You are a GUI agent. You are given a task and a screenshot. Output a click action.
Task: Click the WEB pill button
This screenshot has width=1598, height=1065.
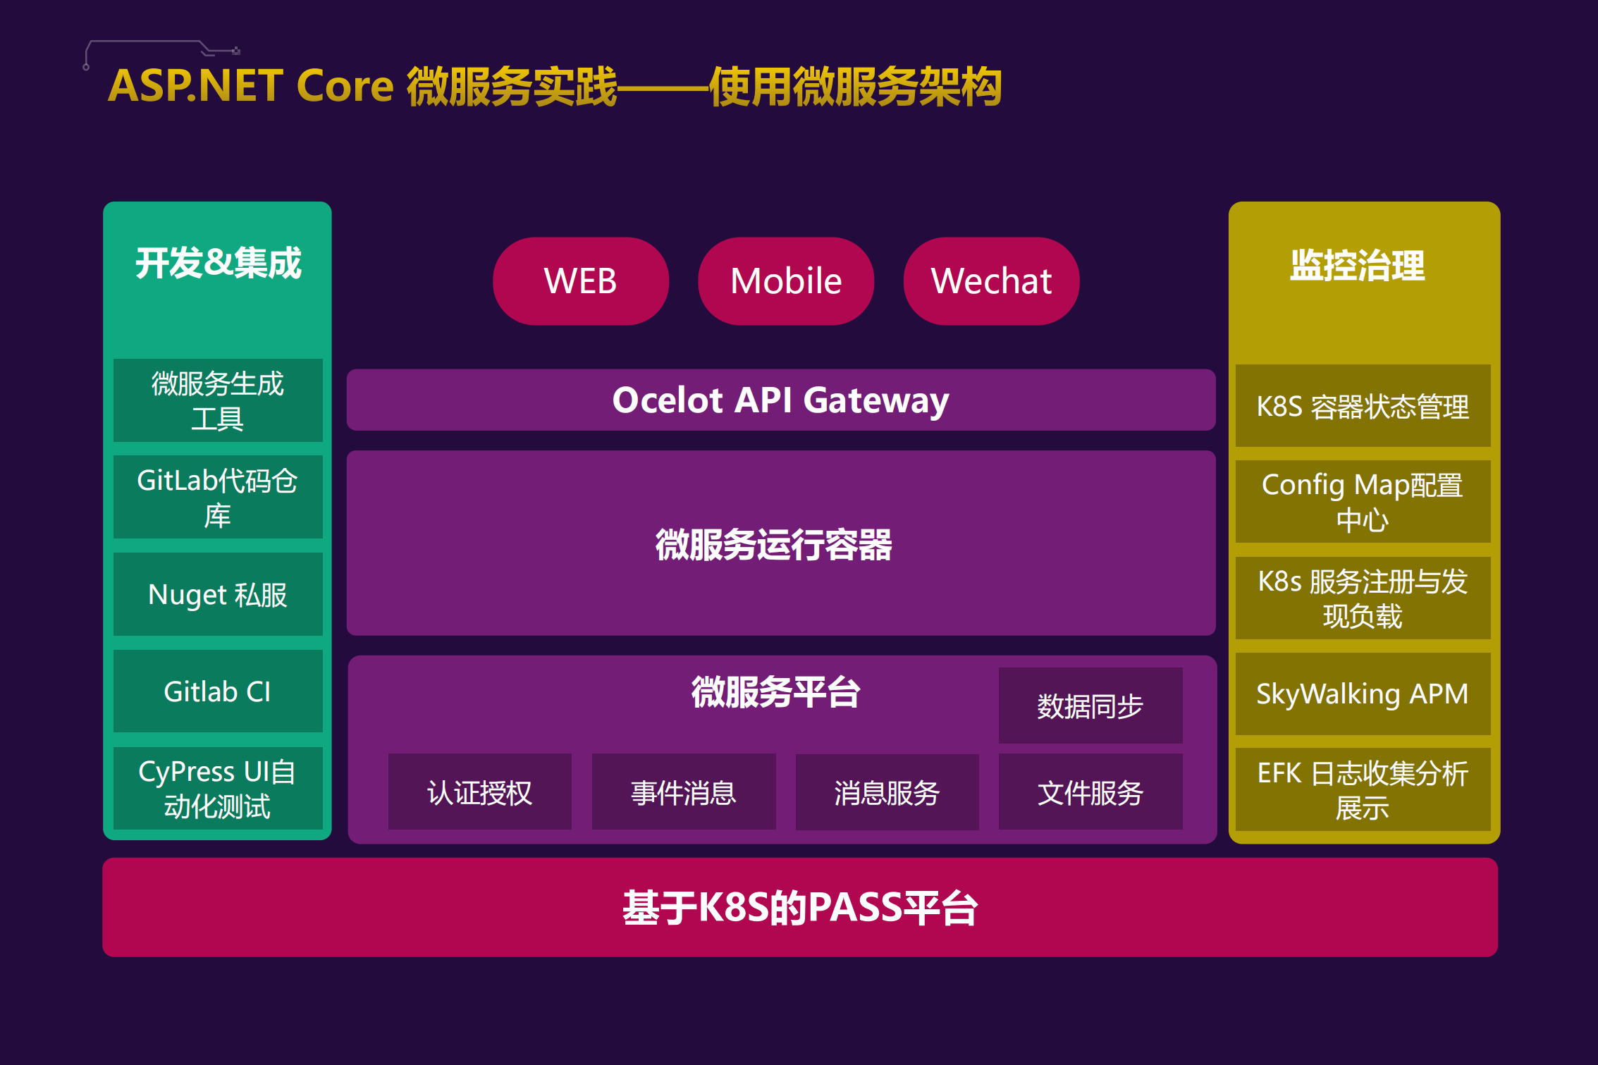[x=580, y=281]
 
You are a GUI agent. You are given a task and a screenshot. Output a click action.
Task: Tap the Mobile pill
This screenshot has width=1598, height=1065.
[x=786, y=281]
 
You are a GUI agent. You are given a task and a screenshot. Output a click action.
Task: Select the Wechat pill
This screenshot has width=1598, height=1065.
[x=991, y=281]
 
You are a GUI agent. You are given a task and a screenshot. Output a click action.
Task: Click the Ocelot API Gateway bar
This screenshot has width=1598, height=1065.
[x=780, y=400]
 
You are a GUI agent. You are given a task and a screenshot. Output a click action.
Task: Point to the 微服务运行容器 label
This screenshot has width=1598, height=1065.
[x=773, y=545]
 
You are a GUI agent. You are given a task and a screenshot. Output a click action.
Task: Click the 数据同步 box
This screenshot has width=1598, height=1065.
[x=1090, y=706]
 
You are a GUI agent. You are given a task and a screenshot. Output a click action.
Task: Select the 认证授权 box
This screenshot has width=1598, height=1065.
[x=479, y=792]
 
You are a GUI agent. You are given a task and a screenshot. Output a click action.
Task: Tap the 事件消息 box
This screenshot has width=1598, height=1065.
[x=683, y=792]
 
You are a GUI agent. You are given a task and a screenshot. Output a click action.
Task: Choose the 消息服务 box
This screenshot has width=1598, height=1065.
[x=887, y=792]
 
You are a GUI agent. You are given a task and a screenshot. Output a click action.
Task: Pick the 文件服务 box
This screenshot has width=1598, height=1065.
[x=1090, y=792]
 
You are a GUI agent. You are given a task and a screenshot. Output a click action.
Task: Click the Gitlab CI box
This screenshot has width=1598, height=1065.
[x=218, y=691]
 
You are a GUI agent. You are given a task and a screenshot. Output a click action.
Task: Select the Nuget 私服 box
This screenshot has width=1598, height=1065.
[x=218, y=594]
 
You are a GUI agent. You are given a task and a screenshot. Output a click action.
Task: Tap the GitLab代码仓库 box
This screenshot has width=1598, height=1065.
[x=218, y=497]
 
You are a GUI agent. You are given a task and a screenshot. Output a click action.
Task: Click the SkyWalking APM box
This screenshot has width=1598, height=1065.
[x=1362, y=694]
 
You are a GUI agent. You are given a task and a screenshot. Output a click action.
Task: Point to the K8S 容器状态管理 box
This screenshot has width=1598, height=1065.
[x=1362, y=406]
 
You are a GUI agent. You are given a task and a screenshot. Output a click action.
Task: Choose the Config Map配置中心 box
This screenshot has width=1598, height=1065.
[x=1362, y=502]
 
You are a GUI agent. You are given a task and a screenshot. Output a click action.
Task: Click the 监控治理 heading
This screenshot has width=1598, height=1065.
[x=1357, y=266]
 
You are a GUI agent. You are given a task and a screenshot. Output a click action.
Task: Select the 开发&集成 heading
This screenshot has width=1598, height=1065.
[x=218, y=263]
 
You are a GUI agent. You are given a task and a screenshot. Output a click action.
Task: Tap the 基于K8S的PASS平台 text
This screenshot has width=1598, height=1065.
[x=799, y=907]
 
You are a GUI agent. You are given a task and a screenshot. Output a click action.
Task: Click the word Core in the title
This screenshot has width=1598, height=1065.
[x=345, y=86]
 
